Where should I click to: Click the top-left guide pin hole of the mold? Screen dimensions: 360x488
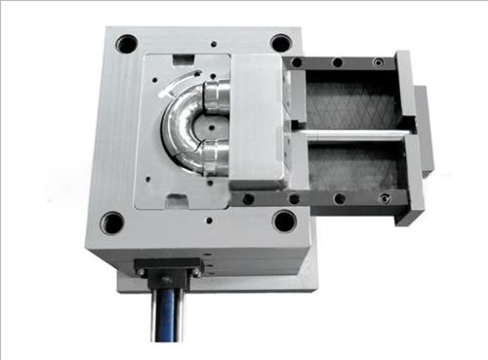tap(127, 44)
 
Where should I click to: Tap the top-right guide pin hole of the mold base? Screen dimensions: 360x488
tap(280, 43)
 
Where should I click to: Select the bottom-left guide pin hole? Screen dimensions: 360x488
tap(113, 222)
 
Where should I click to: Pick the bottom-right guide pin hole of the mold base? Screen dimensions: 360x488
tap(284, 220)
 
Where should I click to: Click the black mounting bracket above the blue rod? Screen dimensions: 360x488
tap(170, 265)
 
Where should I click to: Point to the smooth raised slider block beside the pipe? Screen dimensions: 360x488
tap(258, 122)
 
